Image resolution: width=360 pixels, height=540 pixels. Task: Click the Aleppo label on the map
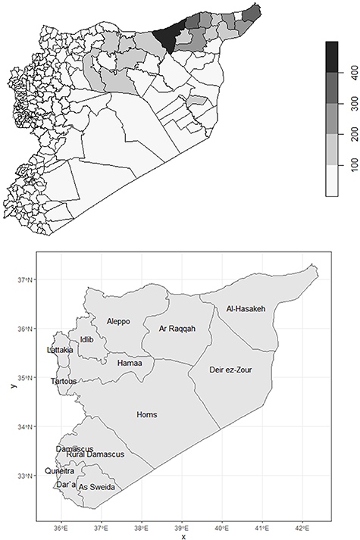coord(118,321)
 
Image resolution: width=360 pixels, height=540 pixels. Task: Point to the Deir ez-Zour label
coord(230,370)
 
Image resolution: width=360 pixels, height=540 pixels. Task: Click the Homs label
coord(146,414)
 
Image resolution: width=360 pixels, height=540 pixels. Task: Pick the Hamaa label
coord(130,364)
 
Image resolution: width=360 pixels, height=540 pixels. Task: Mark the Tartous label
coord(63,381)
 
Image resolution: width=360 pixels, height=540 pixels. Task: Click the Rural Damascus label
coord(95,454)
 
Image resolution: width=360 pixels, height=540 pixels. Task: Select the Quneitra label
coord(60,470)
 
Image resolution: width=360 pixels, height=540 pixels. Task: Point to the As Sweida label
coord(97,487)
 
